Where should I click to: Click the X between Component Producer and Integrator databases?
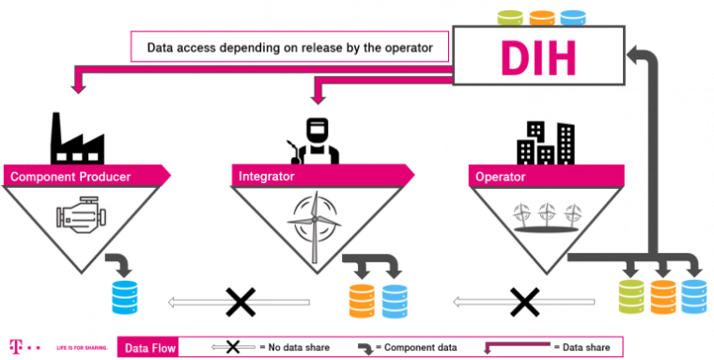pos(240,301)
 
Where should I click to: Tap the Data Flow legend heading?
pos(147,347)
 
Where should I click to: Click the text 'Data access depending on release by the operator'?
pos(290,46)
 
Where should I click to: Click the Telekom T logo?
pos(16,345)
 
